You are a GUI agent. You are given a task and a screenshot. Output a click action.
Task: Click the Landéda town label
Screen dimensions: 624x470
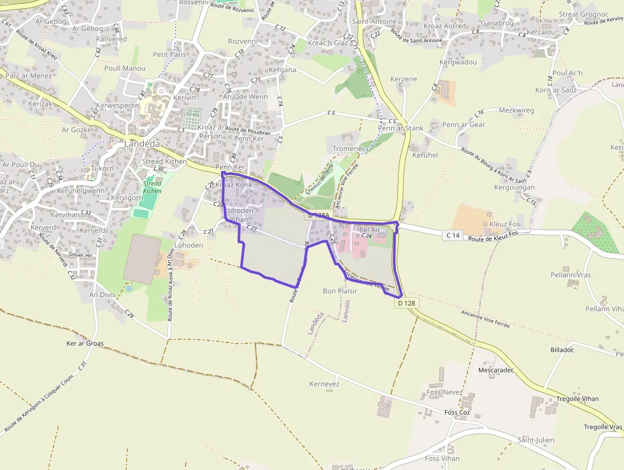pos(142,143)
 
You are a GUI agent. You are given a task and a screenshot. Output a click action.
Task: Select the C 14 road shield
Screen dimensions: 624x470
pos(453,235)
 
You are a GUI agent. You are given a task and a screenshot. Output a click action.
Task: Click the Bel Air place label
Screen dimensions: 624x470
pos(369,229)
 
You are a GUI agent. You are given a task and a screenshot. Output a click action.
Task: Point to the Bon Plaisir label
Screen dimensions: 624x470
pos(340,291)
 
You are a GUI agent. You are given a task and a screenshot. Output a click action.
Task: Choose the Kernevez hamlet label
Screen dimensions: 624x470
pos(324,384)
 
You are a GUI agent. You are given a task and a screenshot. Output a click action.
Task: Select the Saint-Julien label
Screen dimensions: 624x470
pos(535,440)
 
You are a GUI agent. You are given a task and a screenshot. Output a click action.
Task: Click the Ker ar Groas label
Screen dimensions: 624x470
pos(85,343)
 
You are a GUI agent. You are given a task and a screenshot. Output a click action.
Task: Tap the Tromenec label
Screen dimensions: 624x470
pos(349,149)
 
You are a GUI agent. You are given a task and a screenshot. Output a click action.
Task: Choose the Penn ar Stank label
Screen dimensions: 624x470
pos(401,128)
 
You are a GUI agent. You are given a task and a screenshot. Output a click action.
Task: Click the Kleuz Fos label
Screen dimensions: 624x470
pos(505,224)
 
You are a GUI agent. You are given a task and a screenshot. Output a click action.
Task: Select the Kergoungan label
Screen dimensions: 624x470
pos(514,187)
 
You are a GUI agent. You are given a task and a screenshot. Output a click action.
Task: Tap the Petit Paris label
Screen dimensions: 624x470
pos(169,55)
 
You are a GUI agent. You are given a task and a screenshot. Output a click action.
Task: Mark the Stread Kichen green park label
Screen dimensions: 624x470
pos(152,187)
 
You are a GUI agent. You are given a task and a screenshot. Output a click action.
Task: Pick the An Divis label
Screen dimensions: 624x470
pos(102,295)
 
